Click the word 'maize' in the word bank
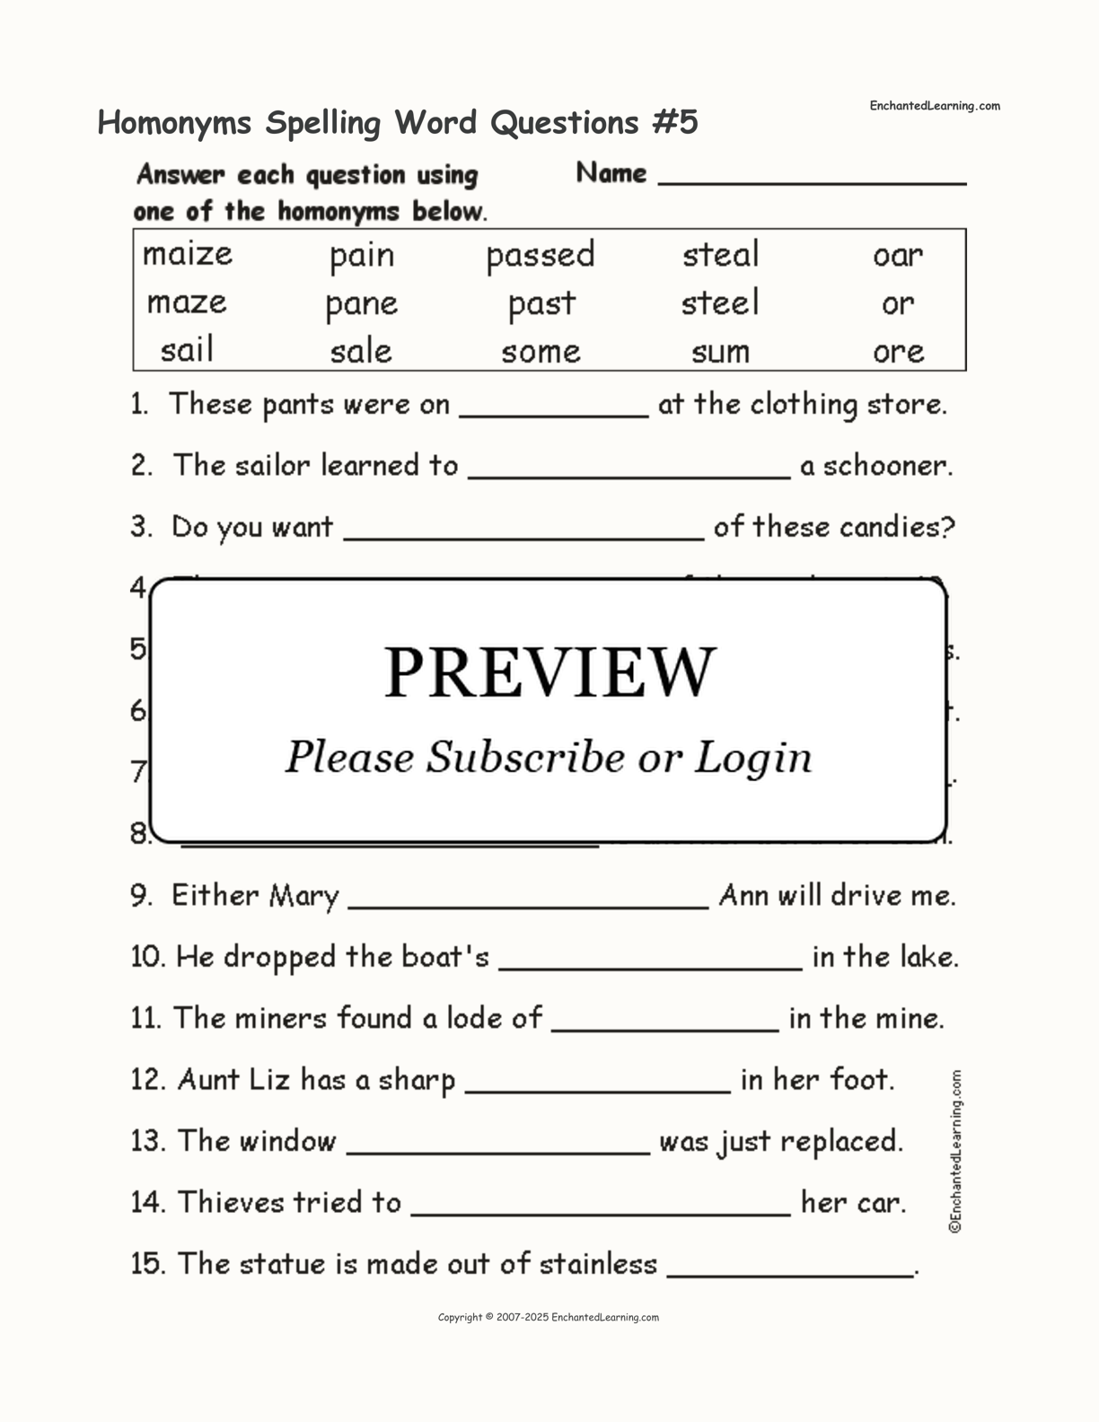[187, 255]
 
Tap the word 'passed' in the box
[540, 256]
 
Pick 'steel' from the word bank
[720, 303]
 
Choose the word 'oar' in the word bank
[897, 256]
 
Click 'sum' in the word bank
[720, 352]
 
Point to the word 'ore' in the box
[898, 352]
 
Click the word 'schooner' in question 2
[884, 466]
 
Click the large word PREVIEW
[549, 672]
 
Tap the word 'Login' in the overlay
[753, 758]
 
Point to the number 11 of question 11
[145, 1018]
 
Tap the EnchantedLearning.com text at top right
[934, 106]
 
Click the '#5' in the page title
[674, 122]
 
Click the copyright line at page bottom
[548, 1317]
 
